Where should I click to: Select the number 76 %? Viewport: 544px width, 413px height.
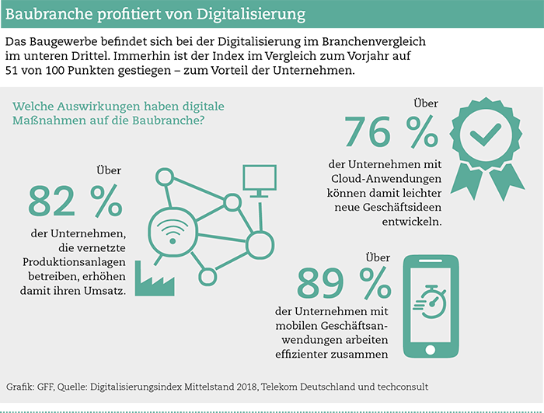[391, 132]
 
